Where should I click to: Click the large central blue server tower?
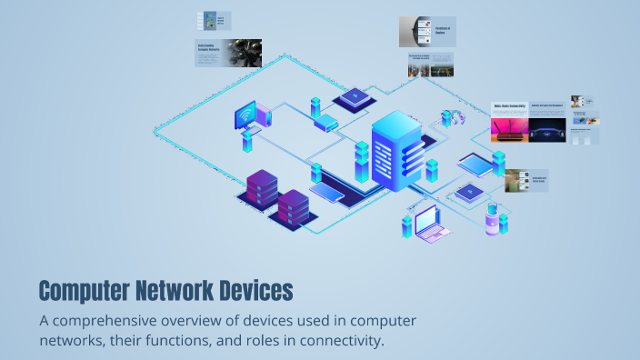click(395, 149)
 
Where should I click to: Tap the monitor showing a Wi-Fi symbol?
click(246, 117)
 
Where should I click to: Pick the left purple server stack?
click(262, 188)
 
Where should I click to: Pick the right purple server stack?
click(293, 208)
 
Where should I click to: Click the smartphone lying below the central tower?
click(327, 192)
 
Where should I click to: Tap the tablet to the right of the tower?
click(474, 164)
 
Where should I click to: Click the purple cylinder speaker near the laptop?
click(493, 220)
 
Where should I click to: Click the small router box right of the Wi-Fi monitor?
click(325, 122)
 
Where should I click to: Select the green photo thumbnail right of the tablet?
click(517, 180)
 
